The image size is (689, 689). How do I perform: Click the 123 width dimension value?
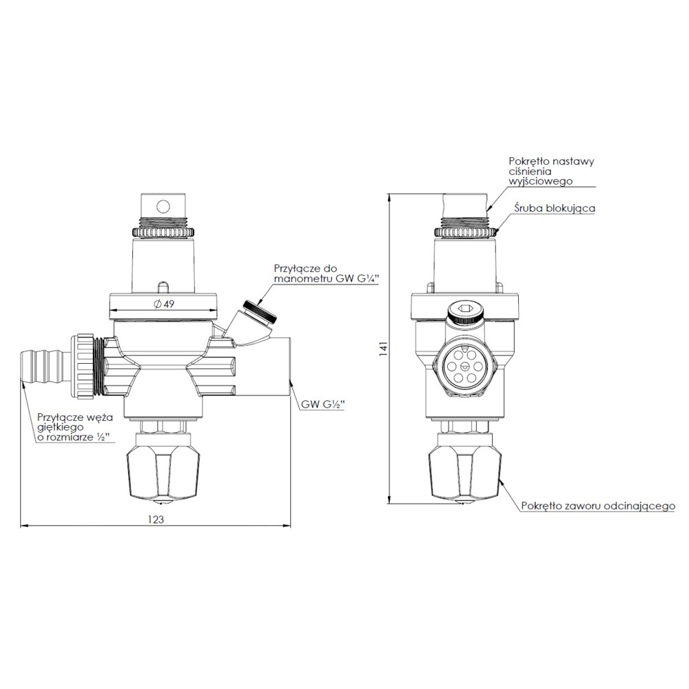(x=156, y=520)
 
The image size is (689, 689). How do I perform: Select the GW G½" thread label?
(x=322, y=404)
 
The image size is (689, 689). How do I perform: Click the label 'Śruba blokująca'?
(x=555, y=208)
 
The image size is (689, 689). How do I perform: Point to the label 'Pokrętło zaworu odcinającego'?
(x=598, y=506)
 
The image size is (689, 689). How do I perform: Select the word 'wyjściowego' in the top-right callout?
(x=540, y=181)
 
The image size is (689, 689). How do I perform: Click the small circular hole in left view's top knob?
(x=163, y=206)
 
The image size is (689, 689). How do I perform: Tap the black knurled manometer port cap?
(x=260, y=311)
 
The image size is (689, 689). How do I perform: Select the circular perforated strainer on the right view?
(x=464, y=364)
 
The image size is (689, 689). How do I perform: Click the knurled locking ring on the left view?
(x=163, y=232)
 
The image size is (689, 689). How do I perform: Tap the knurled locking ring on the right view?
(x=466, y=232)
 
